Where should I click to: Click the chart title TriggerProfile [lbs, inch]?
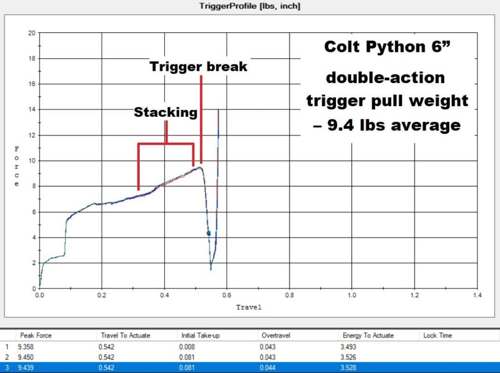(250, 6)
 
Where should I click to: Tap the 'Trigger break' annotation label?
(198, 66)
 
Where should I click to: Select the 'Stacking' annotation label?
(166, 112)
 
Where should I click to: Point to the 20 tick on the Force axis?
(32, 33)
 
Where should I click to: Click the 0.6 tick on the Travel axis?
(227, 295)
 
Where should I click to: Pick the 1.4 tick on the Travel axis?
(477, 295)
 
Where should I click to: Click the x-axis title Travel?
(249, 307)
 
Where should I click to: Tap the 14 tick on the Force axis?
(32, 110)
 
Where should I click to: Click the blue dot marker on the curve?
(208, 234)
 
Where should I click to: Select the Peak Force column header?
(36, 335)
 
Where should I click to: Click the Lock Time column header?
(437, 335)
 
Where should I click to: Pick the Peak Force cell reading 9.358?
(25, 347)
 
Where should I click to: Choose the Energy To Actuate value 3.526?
(348, 357)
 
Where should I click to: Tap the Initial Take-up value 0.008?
(187, 347)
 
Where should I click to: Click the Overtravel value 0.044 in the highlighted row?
(268, 368)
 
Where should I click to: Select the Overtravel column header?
(276, 335)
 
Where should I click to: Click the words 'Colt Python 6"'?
(387, 46)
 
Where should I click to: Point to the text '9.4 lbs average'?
(394, 125)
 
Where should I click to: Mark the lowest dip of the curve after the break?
(211, 270)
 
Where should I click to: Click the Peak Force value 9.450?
(25, 357)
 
